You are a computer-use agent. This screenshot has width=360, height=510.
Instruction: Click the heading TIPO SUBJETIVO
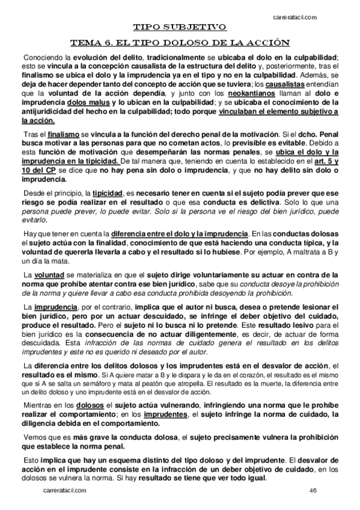180,27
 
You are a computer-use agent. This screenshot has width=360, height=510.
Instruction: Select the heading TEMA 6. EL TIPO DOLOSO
180,43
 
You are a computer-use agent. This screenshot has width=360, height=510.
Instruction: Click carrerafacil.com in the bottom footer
65,491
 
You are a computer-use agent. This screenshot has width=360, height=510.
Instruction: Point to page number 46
313,491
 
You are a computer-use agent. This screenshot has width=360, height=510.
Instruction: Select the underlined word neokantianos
248,94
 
